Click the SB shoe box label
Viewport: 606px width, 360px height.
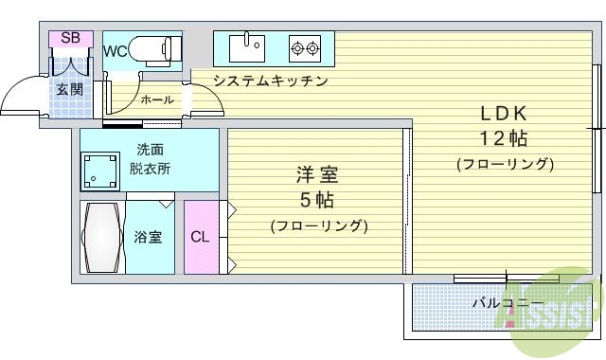click(x=70, y=38)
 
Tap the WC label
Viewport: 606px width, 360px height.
click(x=116, y=51)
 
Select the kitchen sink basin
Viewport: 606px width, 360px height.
click(x=253, y=45)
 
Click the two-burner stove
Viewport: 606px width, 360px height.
click(x=305, y=45)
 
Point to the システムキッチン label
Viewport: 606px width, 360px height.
click(x=270, y=81)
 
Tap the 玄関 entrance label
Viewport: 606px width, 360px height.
click(x=68, y=89)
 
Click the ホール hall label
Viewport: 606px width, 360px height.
click(x=156, y=99)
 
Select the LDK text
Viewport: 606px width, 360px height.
click(x=503, y=113)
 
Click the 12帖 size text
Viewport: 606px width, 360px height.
click(x=503, y=138)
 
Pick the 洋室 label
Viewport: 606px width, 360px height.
click(x=317, y=175)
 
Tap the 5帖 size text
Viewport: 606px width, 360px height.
click(x=317, y=200)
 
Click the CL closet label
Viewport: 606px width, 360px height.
click(x=200, y=237)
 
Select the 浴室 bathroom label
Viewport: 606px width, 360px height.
click(x=147, y=237)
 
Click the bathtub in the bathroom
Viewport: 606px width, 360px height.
click(x=100, y=237)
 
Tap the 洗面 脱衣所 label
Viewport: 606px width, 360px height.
click(x=151, y=159)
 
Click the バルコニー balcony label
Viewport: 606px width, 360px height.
click(x=502, y=303)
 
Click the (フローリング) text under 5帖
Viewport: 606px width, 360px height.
click(x=318, y=225)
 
